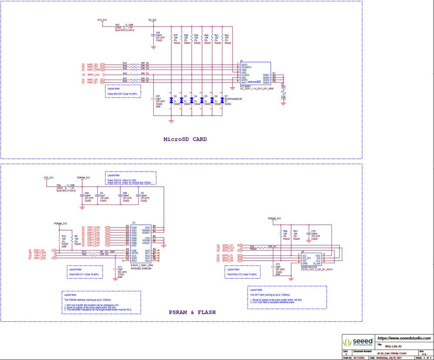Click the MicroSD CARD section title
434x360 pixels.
point(185,139)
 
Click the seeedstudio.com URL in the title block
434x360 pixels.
point(404,338)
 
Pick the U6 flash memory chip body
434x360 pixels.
point(311,260)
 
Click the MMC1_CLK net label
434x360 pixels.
point(93,74)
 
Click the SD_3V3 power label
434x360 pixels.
point(152,20)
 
